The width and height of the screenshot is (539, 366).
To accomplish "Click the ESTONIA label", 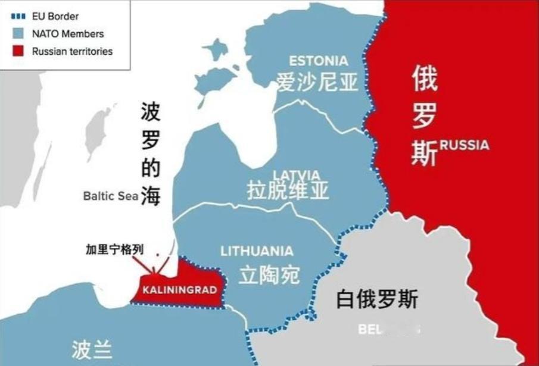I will tap(318, 61).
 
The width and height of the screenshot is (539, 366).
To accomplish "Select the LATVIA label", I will tap(296, 174).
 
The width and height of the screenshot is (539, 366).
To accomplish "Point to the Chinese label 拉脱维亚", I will tap(288, 190).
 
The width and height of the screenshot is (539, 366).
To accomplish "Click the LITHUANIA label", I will tap(257, 251).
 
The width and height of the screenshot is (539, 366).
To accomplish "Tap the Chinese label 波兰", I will tap(91, 349).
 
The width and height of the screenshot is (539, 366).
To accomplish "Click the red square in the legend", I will tap(20, 51).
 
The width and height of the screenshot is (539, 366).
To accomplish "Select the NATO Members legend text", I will tap(67, 34).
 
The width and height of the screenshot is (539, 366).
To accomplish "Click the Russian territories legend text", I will tap(72, 51).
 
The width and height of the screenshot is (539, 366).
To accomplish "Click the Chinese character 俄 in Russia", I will tap(425, 80).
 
